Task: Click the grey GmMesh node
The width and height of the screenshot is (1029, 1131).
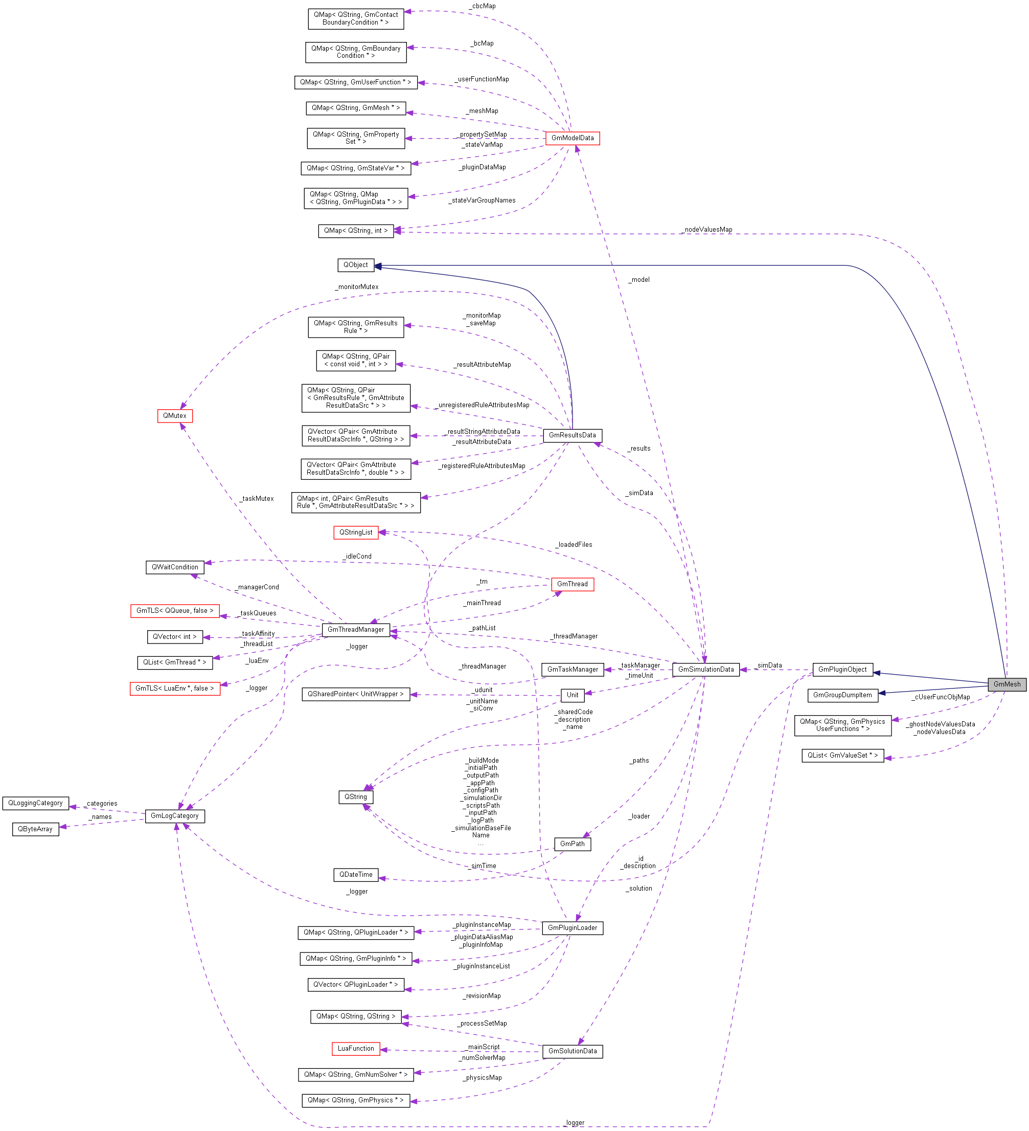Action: coord(1007,684)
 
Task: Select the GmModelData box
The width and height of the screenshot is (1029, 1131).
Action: coord(572,138)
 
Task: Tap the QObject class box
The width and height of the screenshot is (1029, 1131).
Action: coord(355,265)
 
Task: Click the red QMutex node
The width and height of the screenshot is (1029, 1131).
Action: coord(174,416)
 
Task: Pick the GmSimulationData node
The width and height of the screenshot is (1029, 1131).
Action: coord(705,669)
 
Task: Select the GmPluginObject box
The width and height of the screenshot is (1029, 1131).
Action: coord(842,669)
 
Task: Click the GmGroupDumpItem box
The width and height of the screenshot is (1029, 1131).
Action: coord(842,695)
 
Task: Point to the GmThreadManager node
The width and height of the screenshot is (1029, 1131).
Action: coord(355,630)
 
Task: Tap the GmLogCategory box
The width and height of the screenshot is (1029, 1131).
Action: coord(174,816)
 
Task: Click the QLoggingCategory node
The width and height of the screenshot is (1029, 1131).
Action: coord(35,804)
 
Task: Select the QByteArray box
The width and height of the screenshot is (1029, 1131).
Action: coord(35,829)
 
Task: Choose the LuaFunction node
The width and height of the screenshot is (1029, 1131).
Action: coord(355,1049)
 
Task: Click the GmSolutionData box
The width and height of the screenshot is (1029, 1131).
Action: coord(572,1051)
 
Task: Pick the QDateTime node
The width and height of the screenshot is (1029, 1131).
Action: coord(355,875)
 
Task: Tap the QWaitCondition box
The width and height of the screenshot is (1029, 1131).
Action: coord(174,567)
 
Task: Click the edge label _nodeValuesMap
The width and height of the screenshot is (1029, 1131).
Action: coord(707,230)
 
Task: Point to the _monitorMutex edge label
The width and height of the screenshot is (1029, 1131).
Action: coord(357,286)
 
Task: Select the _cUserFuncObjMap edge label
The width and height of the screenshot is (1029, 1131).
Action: coord(941,697)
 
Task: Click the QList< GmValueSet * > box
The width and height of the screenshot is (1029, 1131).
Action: coord(842,756)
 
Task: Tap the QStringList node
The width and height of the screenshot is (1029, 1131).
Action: coord(355,533)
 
